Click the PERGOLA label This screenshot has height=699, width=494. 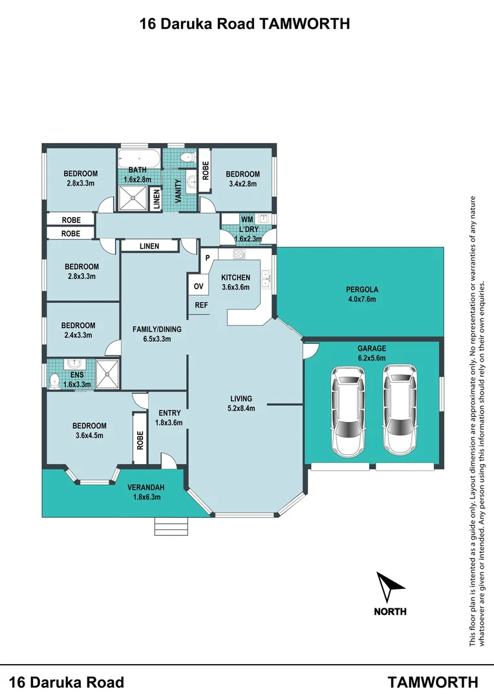[362, 290]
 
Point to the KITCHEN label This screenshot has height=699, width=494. [235, 278]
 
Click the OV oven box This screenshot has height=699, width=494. [198, 286]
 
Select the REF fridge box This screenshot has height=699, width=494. [200, 305]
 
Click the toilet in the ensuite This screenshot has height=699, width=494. [54, 377]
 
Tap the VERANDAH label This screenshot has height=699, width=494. [144, 487]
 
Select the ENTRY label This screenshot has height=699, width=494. [169, 413]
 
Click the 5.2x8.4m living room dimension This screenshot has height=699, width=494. [241, 408]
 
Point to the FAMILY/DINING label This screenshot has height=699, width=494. [157, 329]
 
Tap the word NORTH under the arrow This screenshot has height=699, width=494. [390, 612]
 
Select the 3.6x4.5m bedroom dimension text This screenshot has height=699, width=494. [89, 435]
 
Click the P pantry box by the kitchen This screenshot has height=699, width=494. [208, 258]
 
